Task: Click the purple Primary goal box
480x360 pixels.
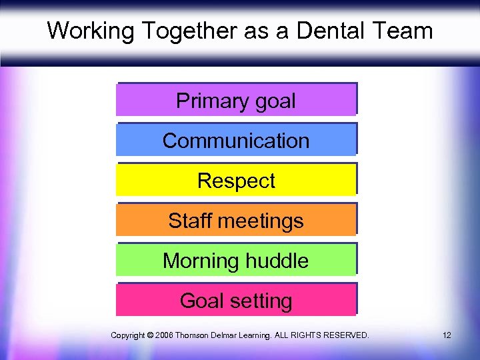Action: click(x=236, y=100)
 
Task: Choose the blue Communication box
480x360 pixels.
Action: click(x=236, y=141)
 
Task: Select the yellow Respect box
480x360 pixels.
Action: click(x=236, y=181)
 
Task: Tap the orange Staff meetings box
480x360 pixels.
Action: click(x=236, y=221)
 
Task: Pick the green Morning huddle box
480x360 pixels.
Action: click(x=236, y=261)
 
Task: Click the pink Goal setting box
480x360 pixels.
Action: click(x=236, y=301)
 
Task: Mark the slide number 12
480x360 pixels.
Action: click(x=446, y=335)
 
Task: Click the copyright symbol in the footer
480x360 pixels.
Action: click(x=149, y=335)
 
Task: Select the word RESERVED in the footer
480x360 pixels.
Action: click(x=345, y=335)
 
